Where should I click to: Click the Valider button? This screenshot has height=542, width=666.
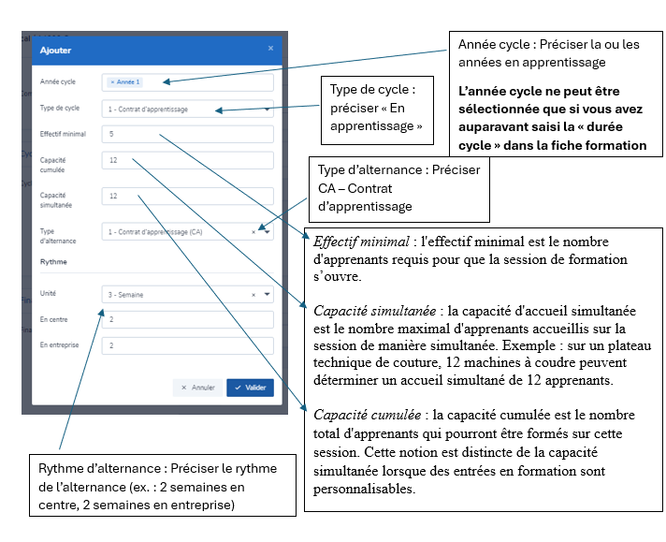[x=250, y=388]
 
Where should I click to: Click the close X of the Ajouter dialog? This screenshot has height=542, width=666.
[x=271, y=49]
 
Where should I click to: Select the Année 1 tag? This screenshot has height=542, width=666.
[x=125, y=82]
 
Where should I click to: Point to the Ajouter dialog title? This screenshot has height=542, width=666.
[x=54, y=50]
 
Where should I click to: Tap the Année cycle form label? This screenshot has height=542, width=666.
[x=56, y=82]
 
